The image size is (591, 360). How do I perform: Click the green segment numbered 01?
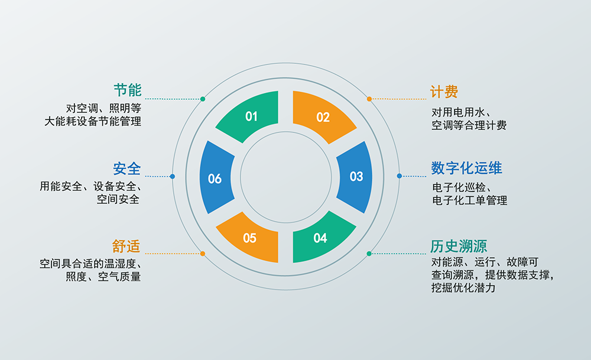tap(251, 117)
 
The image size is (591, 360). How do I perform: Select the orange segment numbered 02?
tap(323, 117)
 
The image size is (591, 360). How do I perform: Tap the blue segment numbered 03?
tap(356, 176)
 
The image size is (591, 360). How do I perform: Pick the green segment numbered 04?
tap(321, 237)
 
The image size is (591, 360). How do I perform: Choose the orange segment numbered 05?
tap(250, 238)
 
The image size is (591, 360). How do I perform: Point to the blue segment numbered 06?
tap(215, 178)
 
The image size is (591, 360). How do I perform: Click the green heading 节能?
tap(128, 90)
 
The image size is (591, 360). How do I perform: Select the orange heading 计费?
tap(444, 92)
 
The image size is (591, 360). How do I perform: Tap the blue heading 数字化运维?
tap(466, 168)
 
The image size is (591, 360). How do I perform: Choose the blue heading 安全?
tap(127, 168)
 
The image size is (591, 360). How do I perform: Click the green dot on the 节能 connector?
tap(203, 99)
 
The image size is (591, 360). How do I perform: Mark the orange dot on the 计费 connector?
tap(369, 99)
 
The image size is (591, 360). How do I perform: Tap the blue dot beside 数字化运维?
tap(399, 176)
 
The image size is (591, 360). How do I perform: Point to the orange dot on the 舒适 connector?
tap(203, 254)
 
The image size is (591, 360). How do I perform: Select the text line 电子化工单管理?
tap(469, 200)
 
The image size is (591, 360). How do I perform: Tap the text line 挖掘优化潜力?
tap(463, 288)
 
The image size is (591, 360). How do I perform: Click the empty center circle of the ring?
tap(286, 177)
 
